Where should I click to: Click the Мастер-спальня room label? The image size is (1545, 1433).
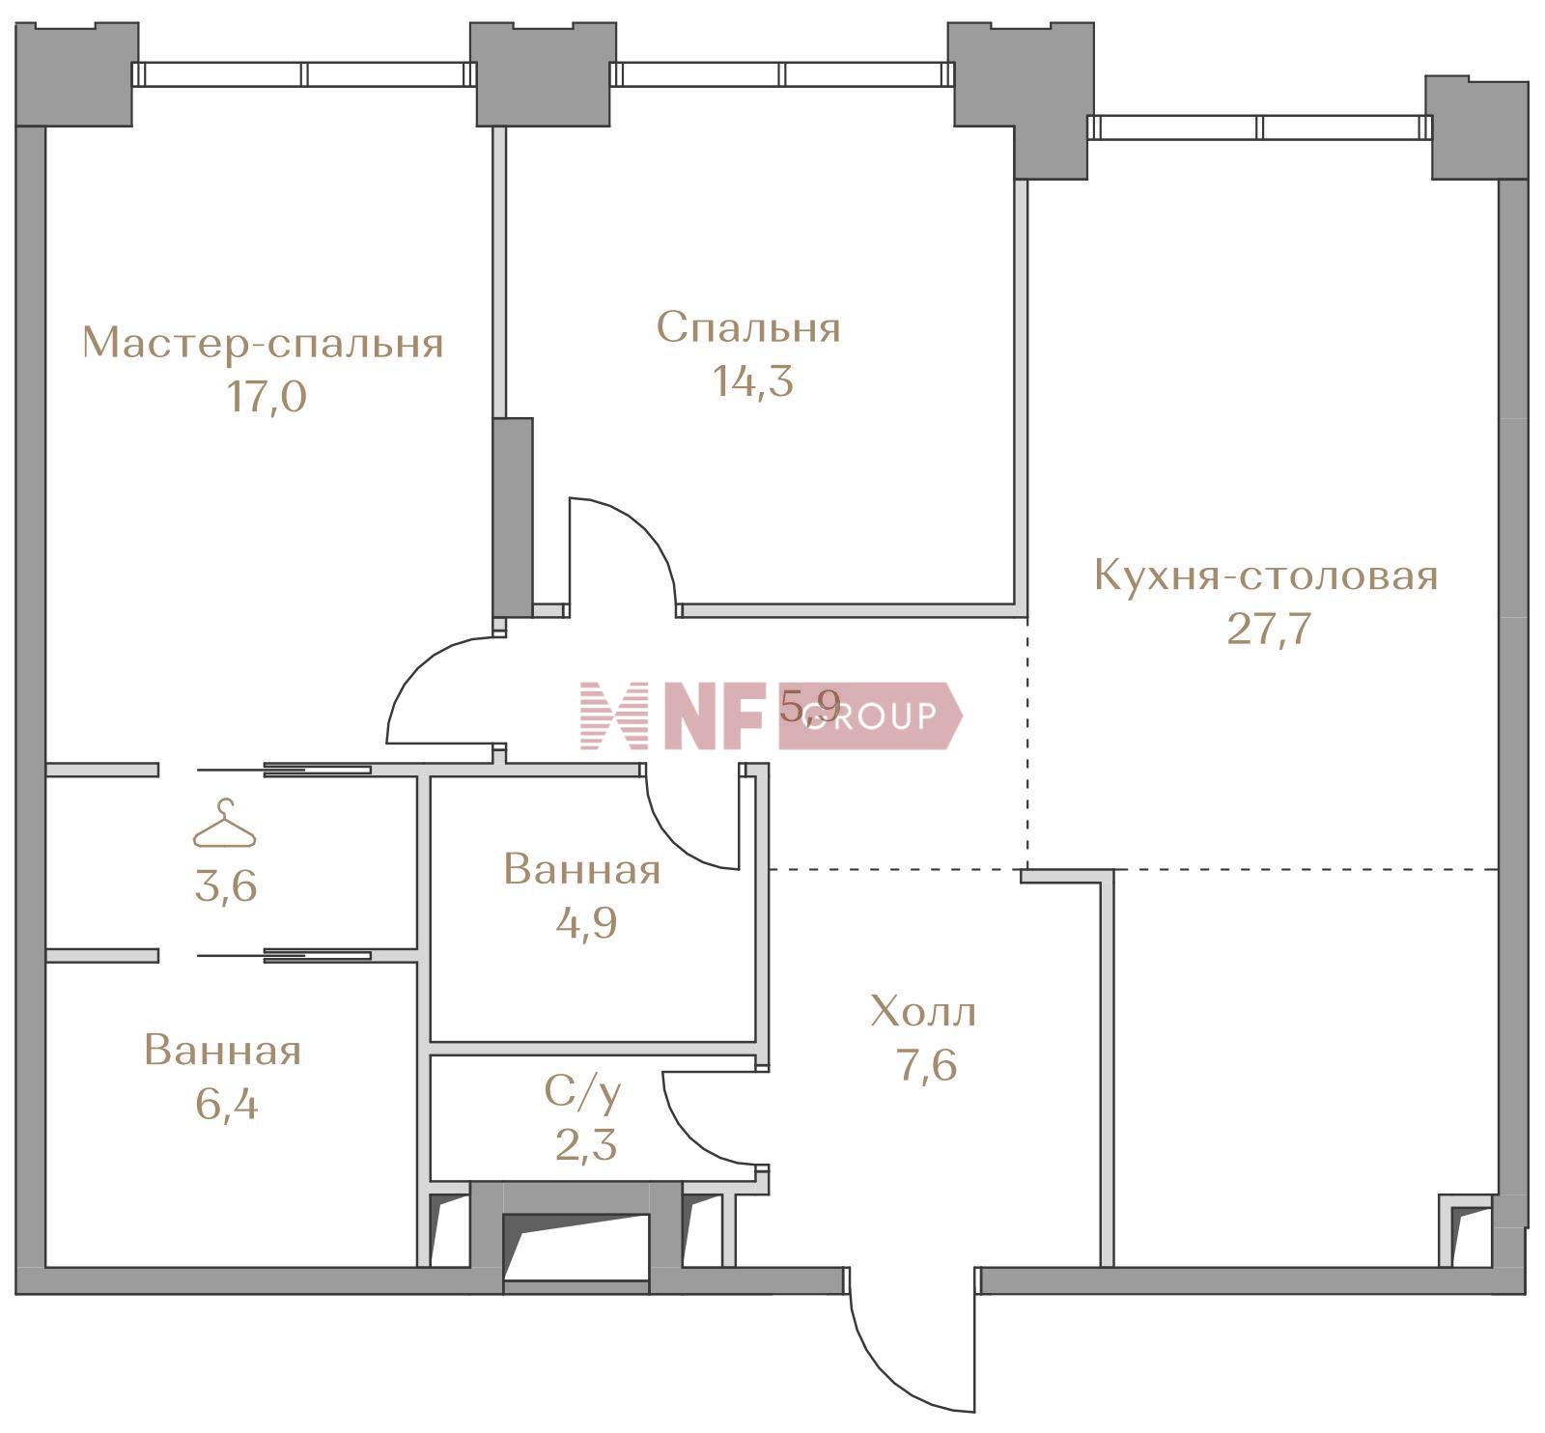[x=263, y=344]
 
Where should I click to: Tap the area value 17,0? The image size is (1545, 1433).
[x=267, y=397]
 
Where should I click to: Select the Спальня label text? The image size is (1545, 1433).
[x=748, y=328]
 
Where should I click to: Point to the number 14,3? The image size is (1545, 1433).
[x=753, y=381]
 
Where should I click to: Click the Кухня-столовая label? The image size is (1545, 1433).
[x=1266, y=576]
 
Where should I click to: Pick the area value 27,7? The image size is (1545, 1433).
[x=1269, y=630]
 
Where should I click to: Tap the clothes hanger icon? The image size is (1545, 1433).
[x=225, y=825]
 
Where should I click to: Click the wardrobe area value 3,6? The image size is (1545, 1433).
[x=226, y=885]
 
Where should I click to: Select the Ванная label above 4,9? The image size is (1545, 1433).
[x=582, y=870]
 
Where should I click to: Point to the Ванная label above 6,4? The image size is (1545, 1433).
[x=223, y=1051]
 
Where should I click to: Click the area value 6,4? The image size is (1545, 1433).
[x=227, y=1104]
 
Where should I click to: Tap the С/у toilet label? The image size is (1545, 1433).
[x=583, y=1092]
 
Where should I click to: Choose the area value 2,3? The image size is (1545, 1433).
[x=586, y=1146]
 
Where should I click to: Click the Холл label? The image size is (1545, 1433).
[x=923, y=1013]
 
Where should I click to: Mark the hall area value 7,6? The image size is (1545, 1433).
[x=927, y=1067]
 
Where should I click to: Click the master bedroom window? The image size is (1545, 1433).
[x=304, y=74]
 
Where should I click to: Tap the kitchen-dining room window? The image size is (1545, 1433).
[x=1259, y=127]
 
